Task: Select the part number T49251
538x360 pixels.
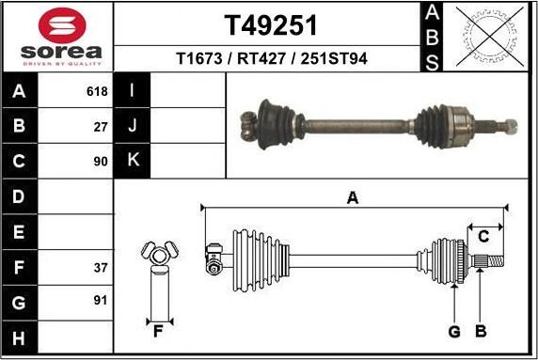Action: [271, 23]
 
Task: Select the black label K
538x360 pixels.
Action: [133, 161]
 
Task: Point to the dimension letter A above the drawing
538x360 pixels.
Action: [353, 197]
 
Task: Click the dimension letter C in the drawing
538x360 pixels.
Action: [483, 235]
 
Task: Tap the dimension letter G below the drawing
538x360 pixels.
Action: [453, 331]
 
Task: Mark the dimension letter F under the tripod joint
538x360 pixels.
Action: [158, 330]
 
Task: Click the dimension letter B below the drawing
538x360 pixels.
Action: [480, 331]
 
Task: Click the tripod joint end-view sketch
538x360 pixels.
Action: [158, 252]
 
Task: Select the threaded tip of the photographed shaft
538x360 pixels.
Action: [509, 123]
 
